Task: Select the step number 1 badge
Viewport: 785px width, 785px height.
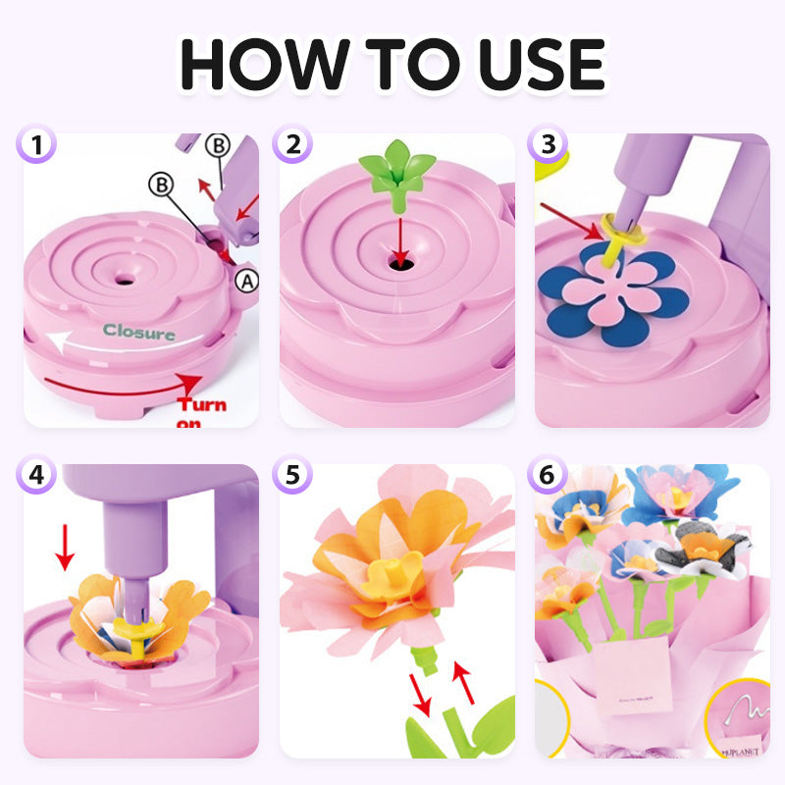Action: pyautogui.click(x=38, y=145)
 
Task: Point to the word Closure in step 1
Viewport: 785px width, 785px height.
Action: pyautogui.click(x=139, y=333)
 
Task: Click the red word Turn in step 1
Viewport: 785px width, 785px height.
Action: pyautogui.click(x=202, y=404)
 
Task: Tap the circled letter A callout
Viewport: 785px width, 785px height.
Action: pyautogui.click(x=248, y=281)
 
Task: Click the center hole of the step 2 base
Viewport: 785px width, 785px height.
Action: pyautogui.click(x=397, y=262)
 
